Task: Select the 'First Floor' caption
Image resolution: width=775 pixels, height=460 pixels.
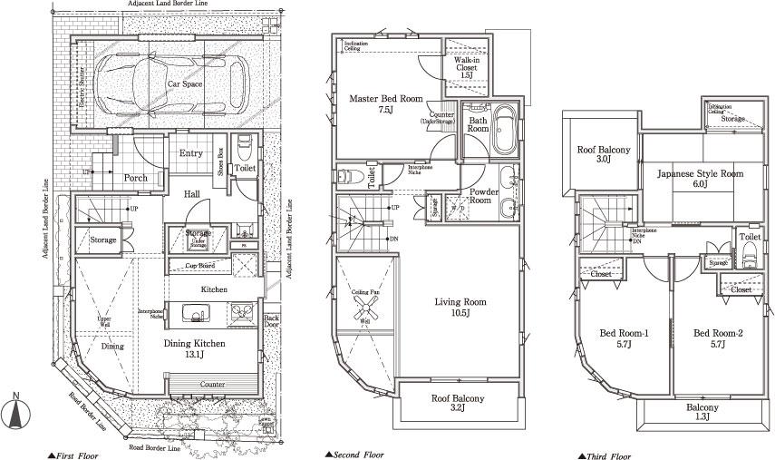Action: pos(73,455)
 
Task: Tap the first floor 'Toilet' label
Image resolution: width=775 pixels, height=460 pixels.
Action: pos(245,168)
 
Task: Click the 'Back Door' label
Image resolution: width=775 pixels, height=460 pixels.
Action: pos(271,323)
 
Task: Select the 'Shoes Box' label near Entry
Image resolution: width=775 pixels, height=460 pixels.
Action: pos(221,161)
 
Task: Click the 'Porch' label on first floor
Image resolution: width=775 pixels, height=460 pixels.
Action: pos(135,178)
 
